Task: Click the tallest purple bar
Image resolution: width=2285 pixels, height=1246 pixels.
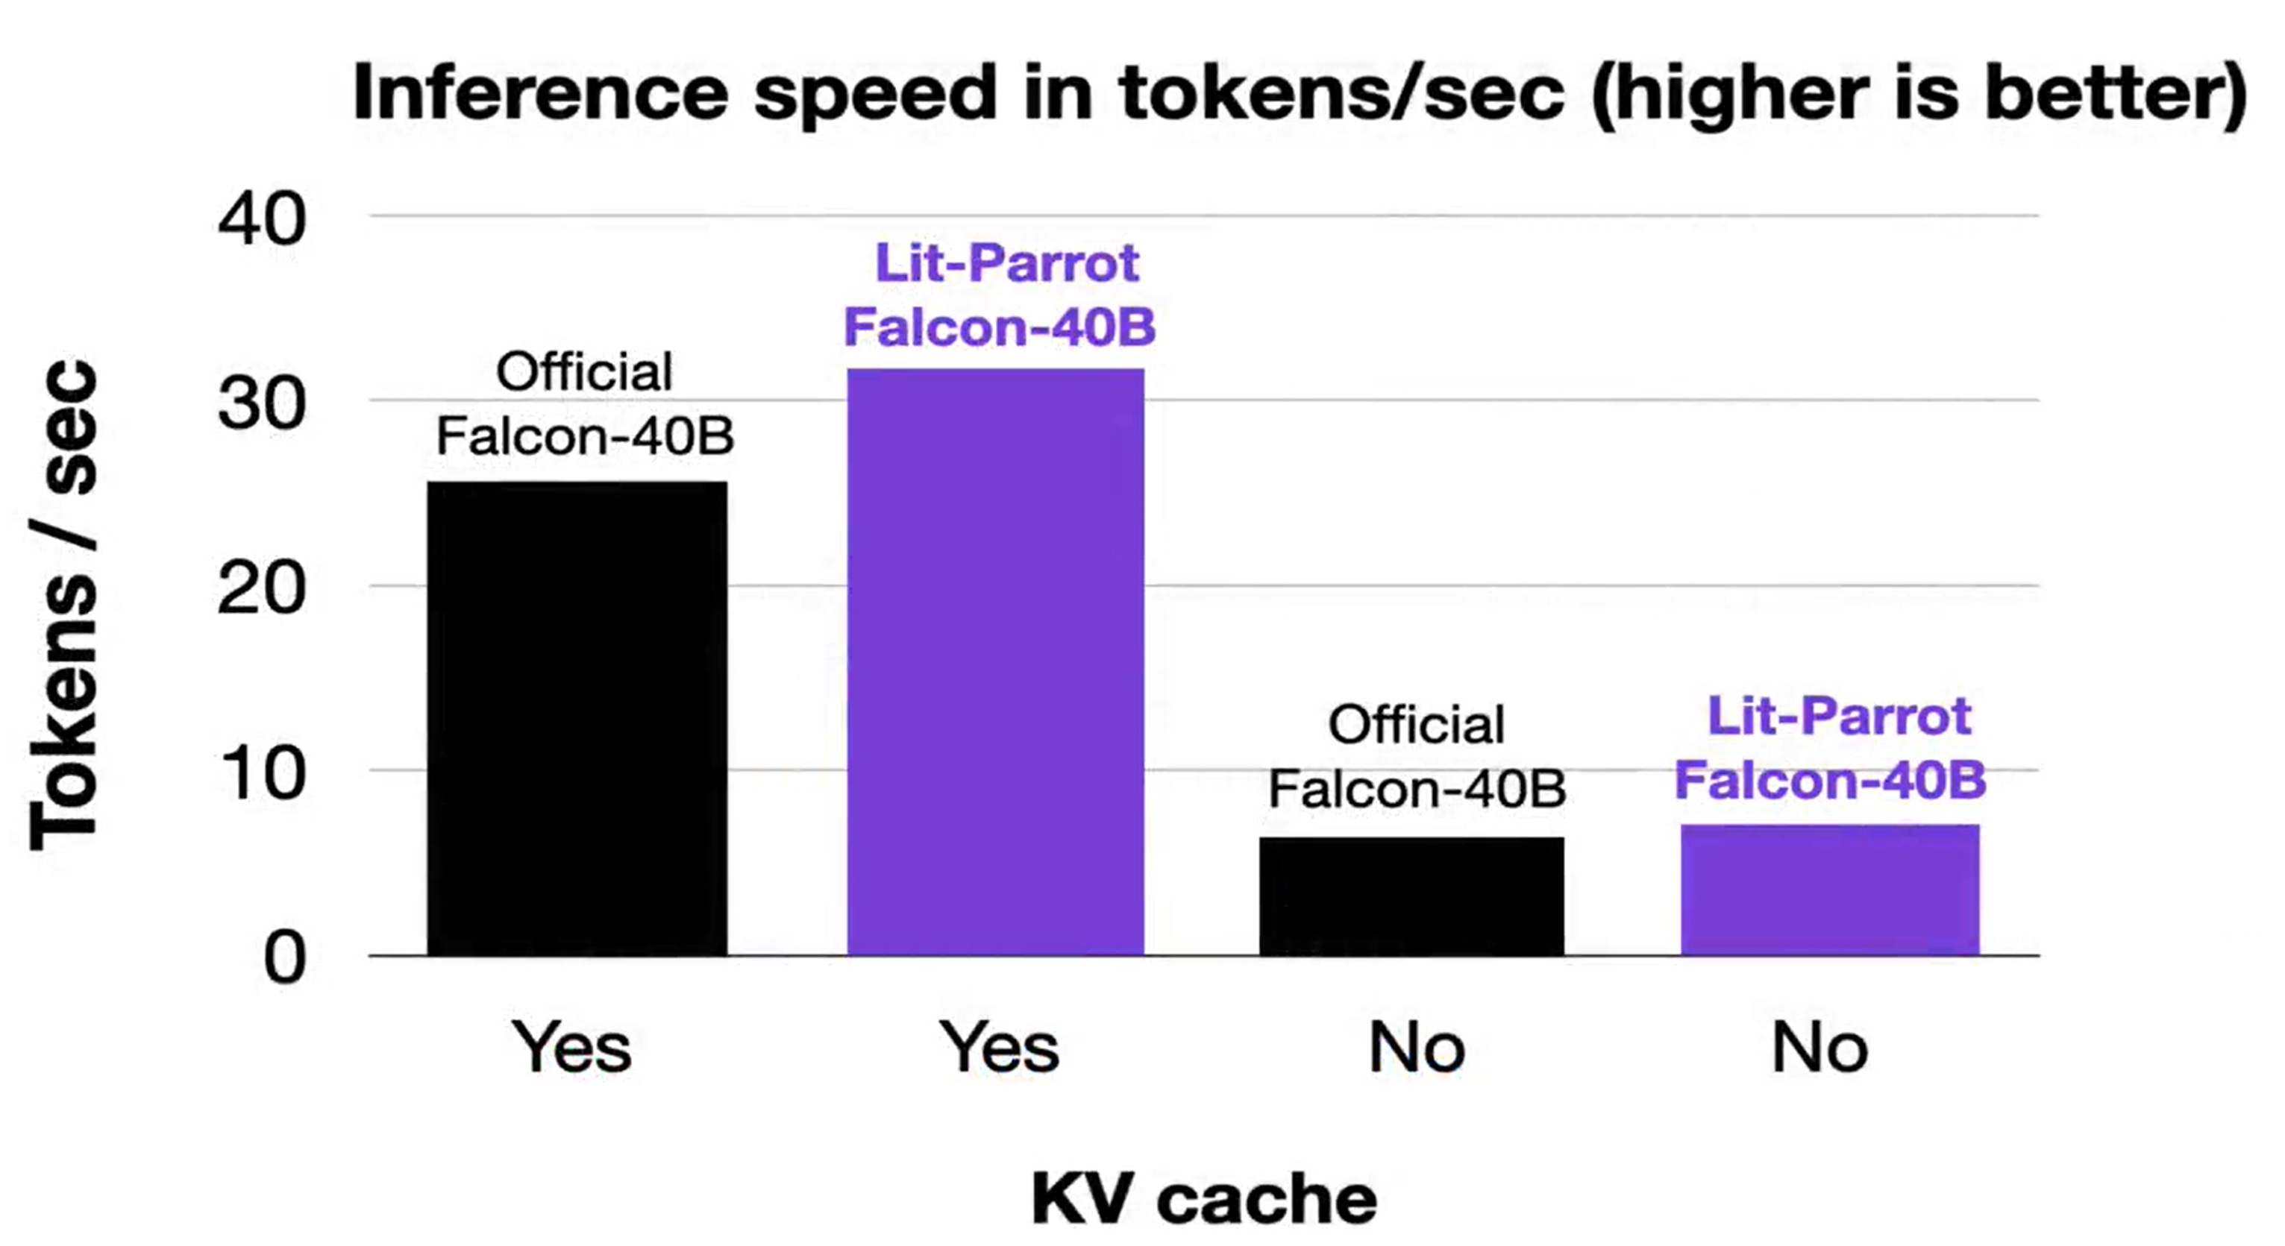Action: (x=995, y=661)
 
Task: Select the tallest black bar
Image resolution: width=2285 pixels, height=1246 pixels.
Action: (x=577, y=718)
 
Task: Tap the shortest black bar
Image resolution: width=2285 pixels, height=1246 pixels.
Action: (x=1411, y=896)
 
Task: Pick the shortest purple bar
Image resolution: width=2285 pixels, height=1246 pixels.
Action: (x=1830, y=890)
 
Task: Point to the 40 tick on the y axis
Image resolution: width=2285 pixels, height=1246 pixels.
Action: (x=262, y=219)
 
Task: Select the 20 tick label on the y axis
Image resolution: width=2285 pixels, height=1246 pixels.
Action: (x=262, y=588)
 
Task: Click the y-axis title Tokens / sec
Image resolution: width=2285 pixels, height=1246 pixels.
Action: (x=64, y=605)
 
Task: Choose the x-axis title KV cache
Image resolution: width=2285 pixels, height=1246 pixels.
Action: (x=1204, y=1199)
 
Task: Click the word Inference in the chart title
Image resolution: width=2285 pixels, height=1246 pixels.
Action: (x=540, y=93)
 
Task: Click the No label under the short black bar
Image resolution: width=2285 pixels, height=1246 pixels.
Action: (x=1417, y=1048)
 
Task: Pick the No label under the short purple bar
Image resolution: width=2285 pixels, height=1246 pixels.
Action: (x=1819, y=1048)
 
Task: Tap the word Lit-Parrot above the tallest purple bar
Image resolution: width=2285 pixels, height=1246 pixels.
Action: (x=1007, y=262)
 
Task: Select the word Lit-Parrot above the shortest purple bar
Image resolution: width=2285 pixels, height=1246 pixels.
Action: (x=1839, y=716)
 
